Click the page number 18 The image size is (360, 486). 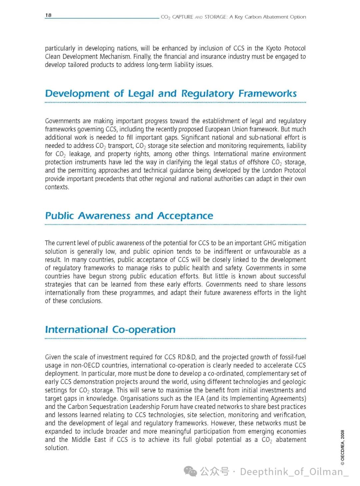tap(48, 15)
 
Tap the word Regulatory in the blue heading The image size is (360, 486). tap(207, 94)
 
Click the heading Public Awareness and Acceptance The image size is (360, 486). tap(129, 216)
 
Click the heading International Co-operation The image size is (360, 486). tap(110, 330)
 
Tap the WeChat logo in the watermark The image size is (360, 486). tap(191, 471)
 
